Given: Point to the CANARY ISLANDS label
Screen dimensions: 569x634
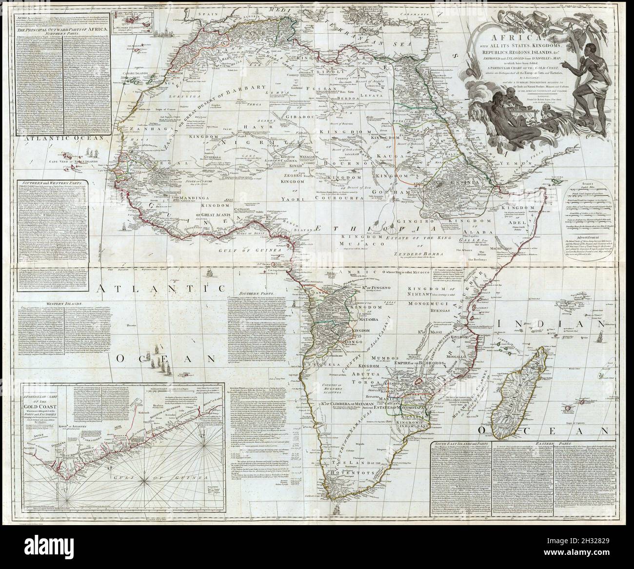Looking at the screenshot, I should pos(113,88).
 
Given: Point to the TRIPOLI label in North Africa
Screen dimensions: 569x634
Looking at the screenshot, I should pos(339,81).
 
